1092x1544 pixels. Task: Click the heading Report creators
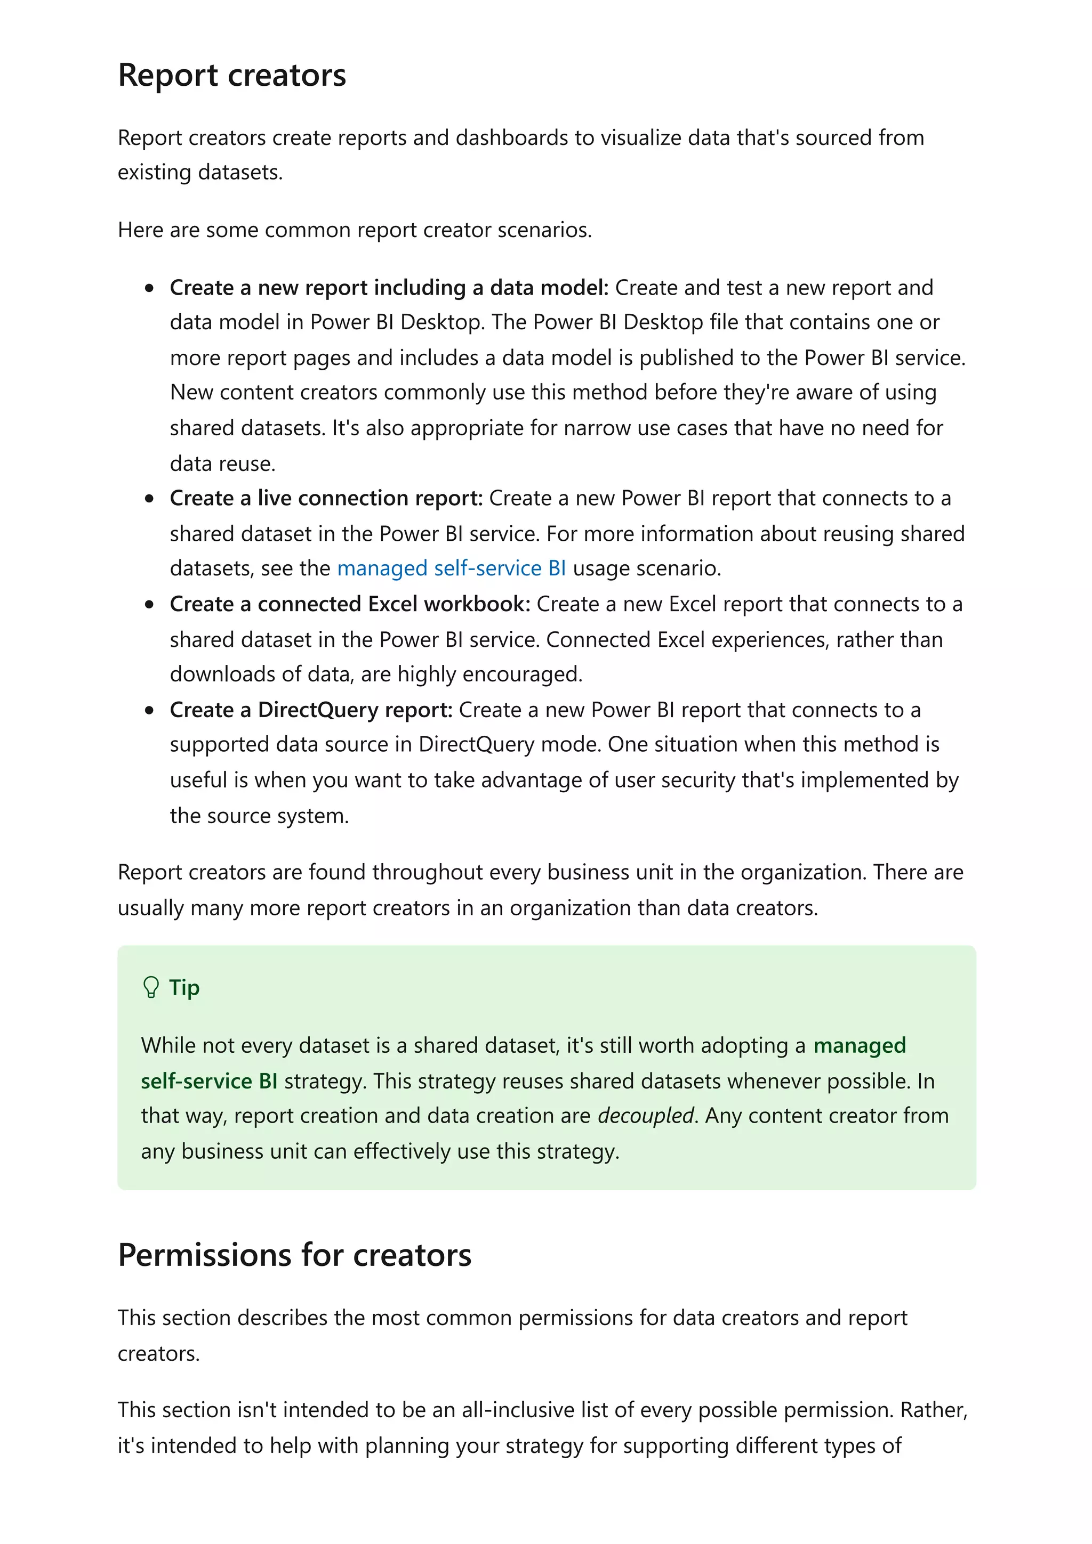(x=231, y=75)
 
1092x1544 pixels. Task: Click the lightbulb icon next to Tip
(x=151, y=987)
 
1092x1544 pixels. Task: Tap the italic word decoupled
(x=645, y=1115)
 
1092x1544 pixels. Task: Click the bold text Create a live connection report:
(x=326, y=498)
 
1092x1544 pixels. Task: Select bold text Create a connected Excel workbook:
(x=350, y=604)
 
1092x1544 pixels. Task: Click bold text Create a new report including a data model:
(x=388, y=287)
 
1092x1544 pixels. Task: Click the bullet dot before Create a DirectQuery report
(x=149, y=710)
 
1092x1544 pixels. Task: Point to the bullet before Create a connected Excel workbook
(x=149, y=605)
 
